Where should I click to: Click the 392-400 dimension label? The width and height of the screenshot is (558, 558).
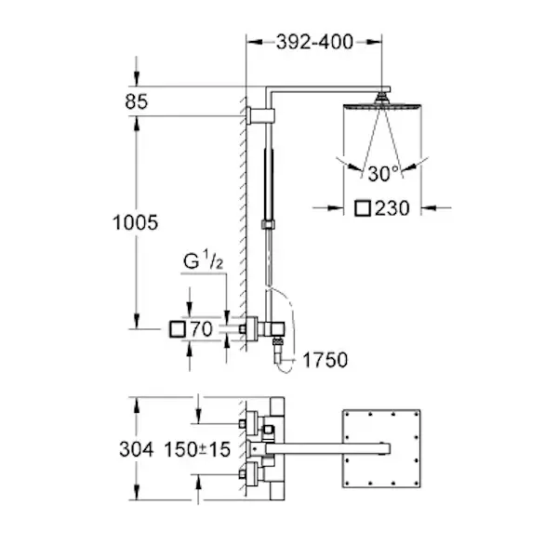click(314, 42)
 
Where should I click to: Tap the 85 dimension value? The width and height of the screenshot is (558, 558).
click(136, 101)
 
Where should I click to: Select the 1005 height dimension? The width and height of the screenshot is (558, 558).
click(135, 223)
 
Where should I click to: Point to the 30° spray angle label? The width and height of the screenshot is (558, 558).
click(383, 174)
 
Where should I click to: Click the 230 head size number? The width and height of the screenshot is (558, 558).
click(392, 208)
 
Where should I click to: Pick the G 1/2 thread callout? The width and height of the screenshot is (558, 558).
click(203, 260)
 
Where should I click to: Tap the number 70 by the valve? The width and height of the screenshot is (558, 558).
click(202, 329)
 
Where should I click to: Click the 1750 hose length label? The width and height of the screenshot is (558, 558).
click(325, 360)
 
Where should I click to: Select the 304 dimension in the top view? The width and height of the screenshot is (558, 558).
click(137, 449)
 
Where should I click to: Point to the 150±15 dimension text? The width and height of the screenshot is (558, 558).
click(197, 449)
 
